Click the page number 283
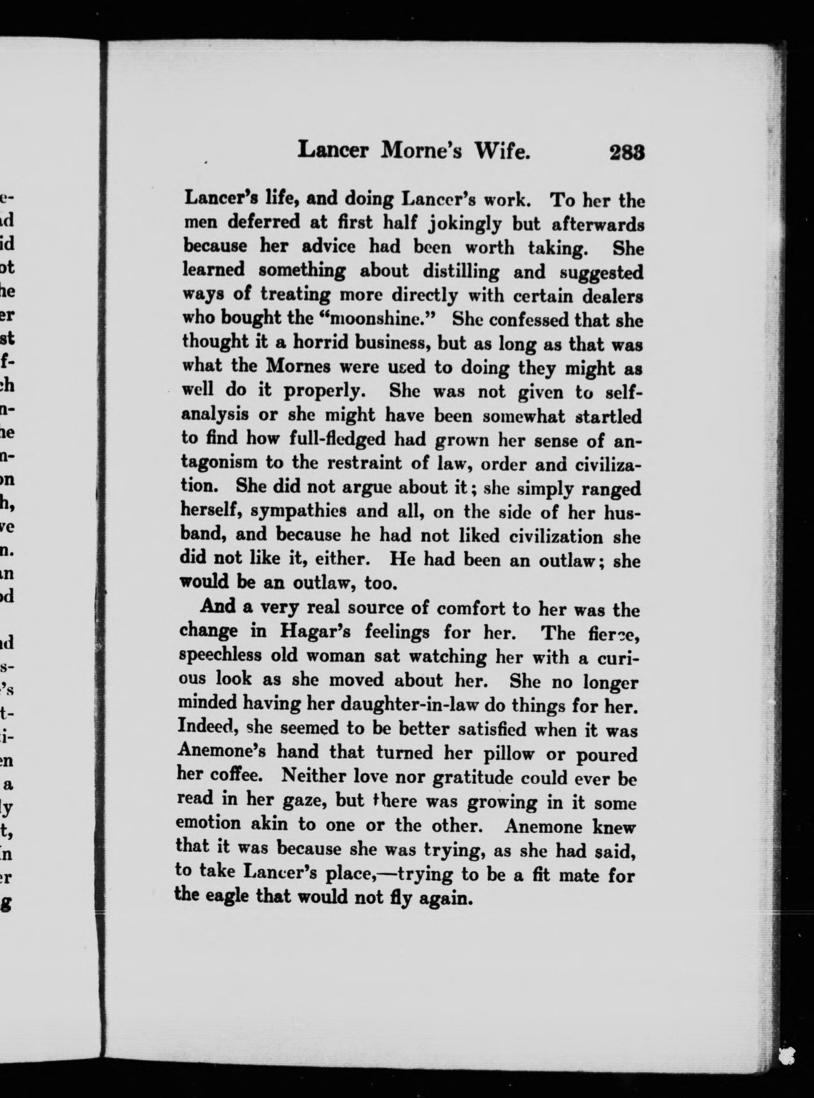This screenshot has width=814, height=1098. point(627,152)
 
